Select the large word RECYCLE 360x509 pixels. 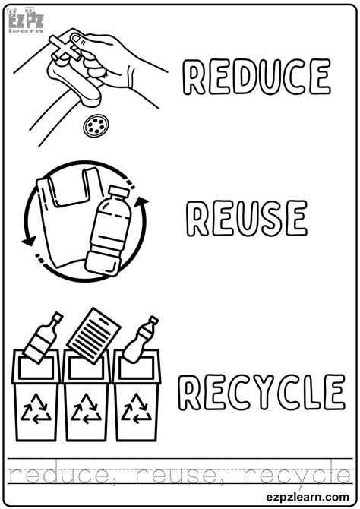point(260,393)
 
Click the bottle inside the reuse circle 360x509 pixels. point(106,232)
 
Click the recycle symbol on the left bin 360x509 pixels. point(36,411)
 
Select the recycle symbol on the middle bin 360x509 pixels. point(86,411)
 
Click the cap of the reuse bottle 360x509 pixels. point(116,191)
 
